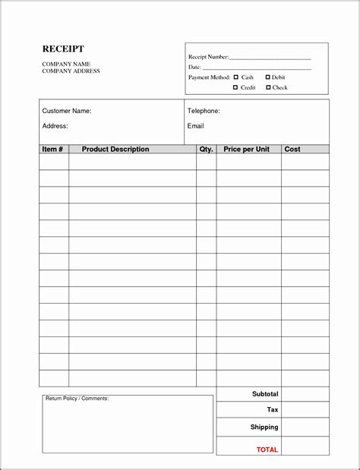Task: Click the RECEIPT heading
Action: click(63, 49)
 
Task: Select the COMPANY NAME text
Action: click(66, 64)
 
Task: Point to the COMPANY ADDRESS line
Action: click(71, 71)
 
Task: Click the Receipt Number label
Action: click(208, 57)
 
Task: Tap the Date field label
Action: click(195, 67)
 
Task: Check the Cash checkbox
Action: click(235, 77)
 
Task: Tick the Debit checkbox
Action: click(267, 77)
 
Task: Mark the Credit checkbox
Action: click(235, 87)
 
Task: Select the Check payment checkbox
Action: click(267, 87)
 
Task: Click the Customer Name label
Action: click(67, 111)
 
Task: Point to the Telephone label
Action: click(204, 111)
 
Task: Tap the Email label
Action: click(195, 125)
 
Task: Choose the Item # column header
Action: click(52, 149)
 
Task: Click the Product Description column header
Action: click(115, 149)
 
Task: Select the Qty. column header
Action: click(206, 149)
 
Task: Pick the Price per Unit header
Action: click(247, 149)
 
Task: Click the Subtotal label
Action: click(265, 394)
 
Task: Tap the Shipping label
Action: click(264, 427)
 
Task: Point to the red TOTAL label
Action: click(267, 449)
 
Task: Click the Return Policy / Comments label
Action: click(77, 398)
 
